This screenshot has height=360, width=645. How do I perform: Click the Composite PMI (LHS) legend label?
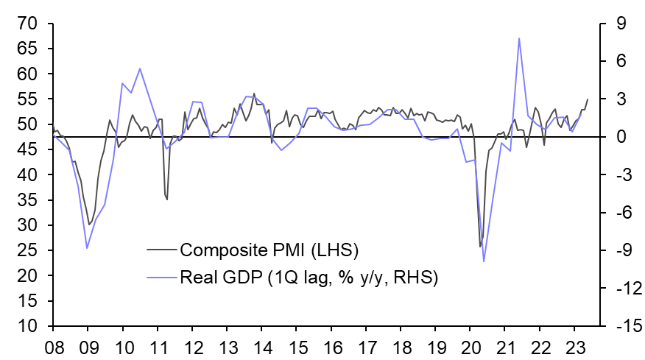pos(269,250)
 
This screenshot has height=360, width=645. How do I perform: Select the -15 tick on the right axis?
pos(624,326)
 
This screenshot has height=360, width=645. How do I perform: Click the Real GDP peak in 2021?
pos(519,38)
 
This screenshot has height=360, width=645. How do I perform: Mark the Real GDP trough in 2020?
pos(484,261)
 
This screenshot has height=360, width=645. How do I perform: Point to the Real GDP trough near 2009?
pos(87,248)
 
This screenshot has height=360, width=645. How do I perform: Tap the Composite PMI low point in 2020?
pos(480,247)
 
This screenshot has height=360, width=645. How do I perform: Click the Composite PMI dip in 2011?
pos(167,200)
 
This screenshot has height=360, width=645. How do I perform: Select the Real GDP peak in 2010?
pos(140,68)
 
